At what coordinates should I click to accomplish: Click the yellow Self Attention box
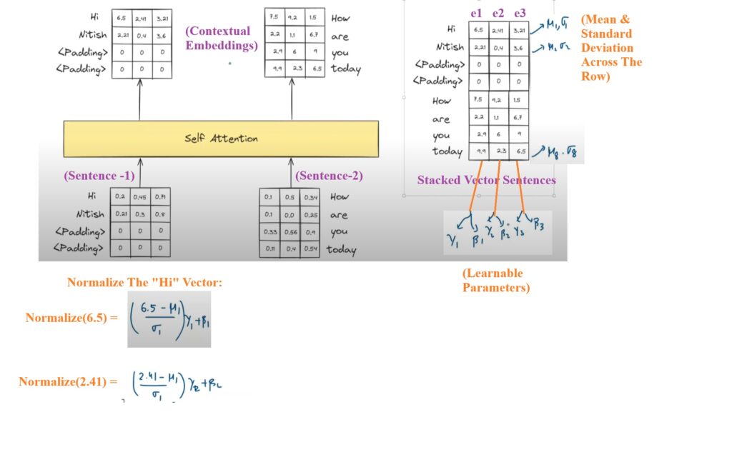click(x=220, y=139)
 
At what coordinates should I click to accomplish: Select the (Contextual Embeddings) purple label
click(x=217, y=38)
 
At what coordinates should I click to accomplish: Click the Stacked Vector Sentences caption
click(x=486, y=180)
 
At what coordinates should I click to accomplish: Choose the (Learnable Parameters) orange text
click(x=496, y=281)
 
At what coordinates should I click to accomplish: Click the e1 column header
click(x=477, y=14)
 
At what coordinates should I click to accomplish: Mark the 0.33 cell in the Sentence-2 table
click(x=269, y=232)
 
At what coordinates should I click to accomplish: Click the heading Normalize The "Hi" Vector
click(x=145, y=283)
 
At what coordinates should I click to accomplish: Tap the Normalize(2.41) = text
click(x=68, y=382)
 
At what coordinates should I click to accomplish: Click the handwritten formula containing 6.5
click(x=169, y=318)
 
